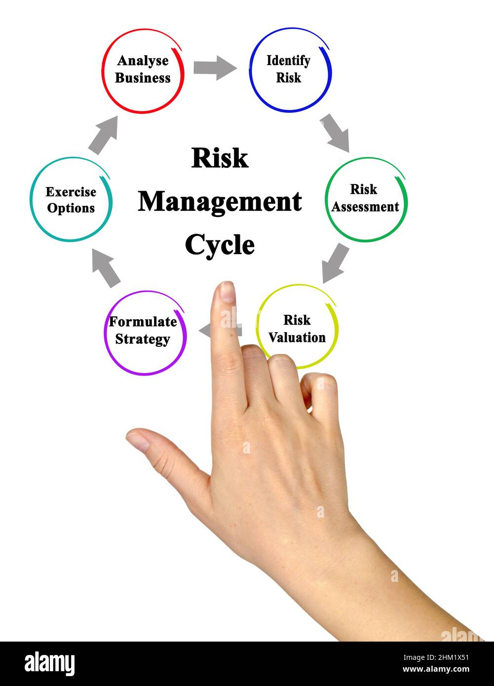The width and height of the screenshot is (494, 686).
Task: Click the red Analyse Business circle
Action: coord(143,70)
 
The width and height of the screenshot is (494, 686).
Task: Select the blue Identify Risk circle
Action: coord(290,70)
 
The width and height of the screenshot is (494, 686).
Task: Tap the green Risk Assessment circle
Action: coord(366,199)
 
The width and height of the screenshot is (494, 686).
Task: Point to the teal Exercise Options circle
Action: coord(71,200)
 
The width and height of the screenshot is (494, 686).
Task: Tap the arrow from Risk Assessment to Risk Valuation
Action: coord(335,263)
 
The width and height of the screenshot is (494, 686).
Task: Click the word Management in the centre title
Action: coord(220,202)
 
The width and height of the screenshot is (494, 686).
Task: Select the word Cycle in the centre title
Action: coord(220,245)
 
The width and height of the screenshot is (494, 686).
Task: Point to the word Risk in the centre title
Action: coord(220,158)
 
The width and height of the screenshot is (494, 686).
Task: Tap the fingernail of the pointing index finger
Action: coord(227,292)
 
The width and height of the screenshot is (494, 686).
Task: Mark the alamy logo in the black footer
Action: coord(49,664)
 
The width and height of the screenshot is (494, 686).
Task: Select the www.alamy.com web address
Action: coord(436,670)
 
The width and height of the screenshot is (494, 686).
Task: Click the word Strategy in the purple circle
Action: coord(143,340)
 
